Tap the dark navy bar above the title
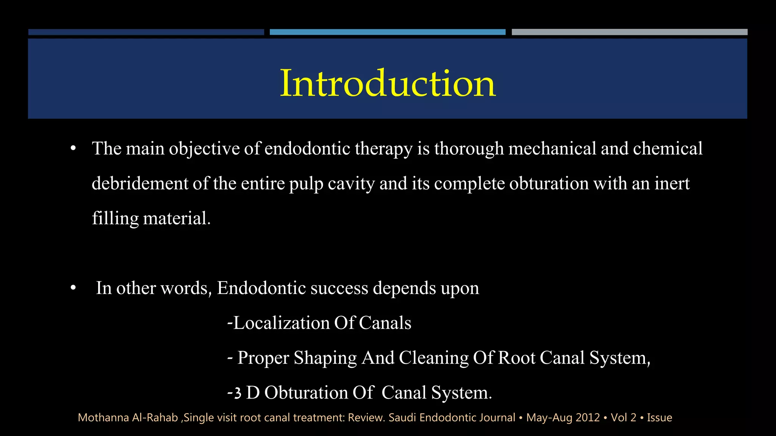pyautogui.click(x=146, y=32)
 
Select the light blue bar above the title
pyautogui.click(x=387, y=32)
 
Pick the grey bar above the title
pyautogui.click(x=629, y=32)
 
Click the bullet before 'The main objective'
pyautogui.click(x=73, y=149)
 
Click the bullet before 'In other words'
pyautogui.click(x=73, y=288)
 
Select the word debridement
pyautogui.click(x=140, y=184)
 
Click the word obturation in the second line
pyautogui.click(x=549, y=184)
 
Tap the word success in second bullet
pyautogui.click(x=339, y=288)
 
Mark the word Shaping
pyautogui.click(x=325, y=358)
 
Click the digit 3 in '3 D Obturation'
pyautogui.click(x=238, y=393)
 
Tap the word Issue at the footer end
pyautogui.click(x=659, y=417)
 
